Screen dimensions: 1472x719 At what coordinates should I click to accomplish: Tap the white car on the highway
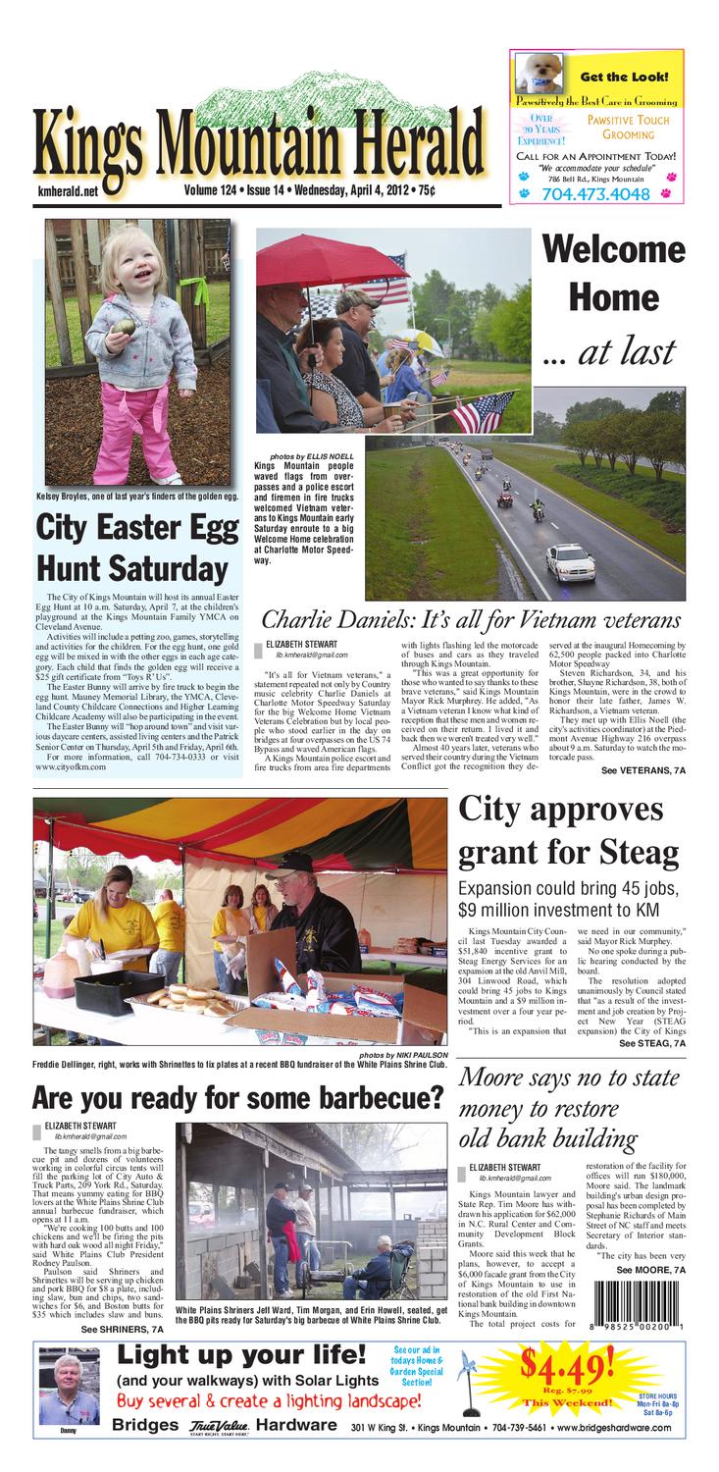[x=570, y=560]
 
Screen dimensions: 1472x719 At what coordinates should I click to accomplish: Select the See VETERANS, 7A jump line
[x=643, y=771]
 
